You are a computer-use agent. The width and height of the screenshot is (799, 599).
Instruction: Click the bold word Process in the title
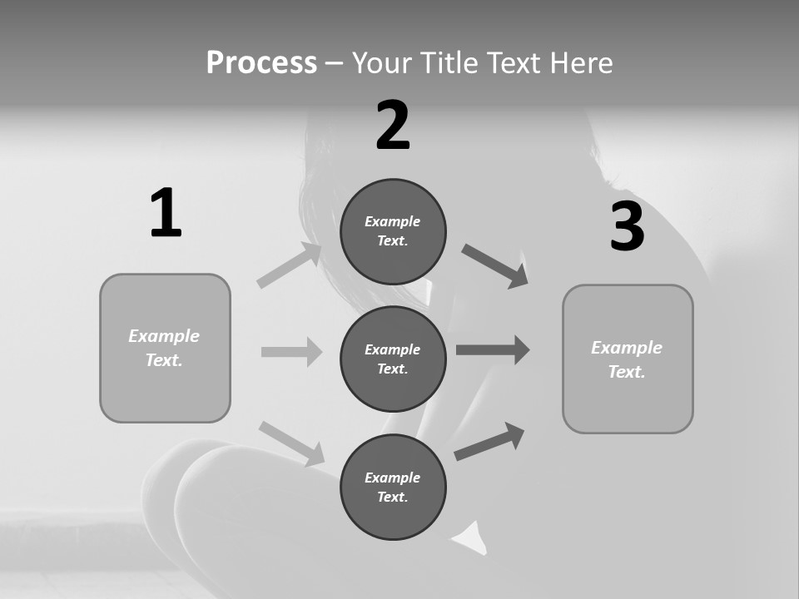click(261, 62)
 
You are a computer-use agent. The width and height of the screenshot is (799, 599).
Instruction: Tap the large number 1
click(166, 213)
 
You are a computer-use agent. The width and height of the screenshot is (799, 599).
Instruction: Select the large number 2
click(393, 126)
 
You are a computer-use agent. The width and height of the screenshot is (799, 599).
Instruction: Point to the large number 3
click(627, 227)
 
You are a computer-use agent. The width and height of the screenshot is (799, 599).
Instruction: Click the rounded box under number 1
click(165, 348)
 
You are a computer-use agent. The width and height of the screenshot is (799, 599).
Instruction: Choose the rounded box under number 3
click(628, 359)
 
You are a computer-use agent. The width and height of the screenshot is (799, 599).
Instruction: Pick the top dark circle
click(393, 231)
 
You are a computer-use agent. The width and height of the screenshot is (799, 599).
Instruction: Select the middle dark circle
click(393, 359)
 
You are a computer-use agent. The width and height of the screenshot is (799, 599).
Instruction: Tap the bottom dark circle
click(393, 487)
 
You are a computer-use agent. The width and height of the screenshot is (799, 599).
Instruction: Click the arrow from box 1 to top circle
click(290, 265)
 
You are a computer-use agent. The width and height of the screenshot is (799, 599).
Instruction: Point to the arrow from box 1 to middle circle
click(291, 352)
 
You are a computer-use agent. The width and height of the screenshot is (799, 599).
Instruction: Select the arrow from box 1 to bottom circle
click(291, 443)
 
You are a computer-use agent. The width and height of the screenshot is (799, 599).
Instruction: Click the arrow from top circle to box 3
click(495, 266)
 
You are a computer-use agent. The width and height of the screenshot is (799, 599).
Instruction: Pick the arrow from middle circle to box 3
click(493, 349)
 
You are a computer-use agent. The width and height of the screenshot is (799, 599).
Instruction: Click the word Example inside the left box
click(164, 336)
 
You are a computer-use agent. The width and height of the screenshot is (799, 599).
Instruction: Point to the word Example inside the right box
click(627, 348)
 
